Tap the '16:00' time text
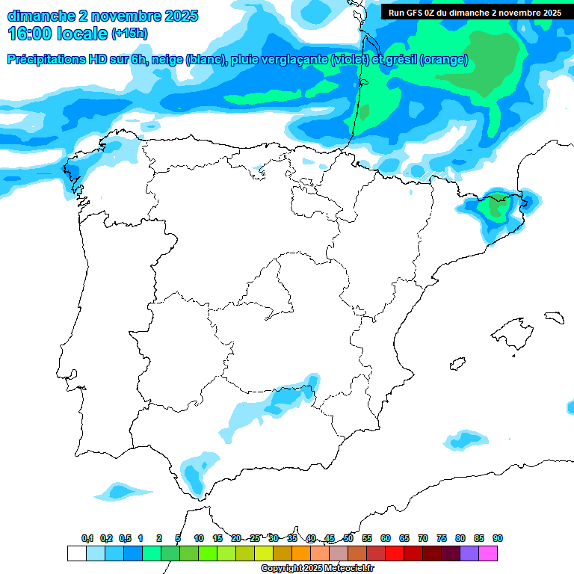click(29, 34)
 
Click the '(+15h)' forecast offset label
click(129, 34)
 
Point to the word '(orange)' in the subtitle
click(444, 60)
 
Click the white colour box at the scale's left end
click(76, 553)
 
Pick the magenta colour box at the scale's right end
click(488, 553)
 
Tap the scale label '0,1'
click(87, 538)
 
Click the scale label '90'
click(498, 538)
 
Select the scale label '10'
click(199, 538)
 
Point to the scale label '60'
click(386, 538)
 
